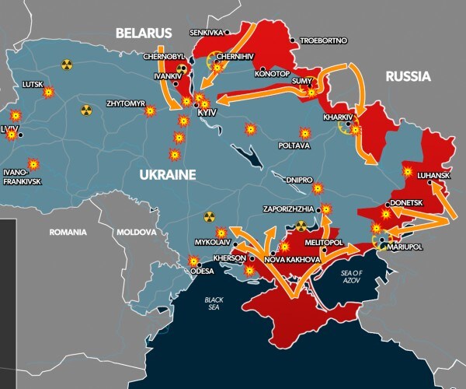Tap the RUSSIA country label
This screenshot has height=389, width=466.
[x=407, y=76]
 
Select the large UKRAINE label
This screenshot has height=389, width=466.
[x=167, y=175]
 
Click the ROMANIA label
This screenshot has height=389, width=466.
[x=68, y=232]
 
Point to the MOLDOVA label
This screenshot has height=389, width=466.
[x=136, y=232]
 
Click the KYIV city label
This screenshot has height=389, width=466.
[x=207, y=114]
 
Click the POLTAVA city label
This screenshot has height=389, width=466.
[x=294, y=145]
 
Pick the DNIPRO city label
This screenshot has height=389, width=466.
[x=299, y=179]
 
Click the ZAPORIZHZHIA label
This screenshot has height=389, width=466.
[x=288, y=209]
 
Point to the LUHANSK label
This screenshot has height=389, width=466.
[x=433, y=175]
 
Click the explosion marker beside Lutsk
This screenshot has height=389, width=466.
[x=48, y=92]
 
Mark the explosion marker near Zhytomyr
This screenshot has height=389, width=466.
[x=149, y=111]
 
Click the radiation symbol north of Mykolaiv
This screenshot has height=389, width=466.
[x=207, y=217]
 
